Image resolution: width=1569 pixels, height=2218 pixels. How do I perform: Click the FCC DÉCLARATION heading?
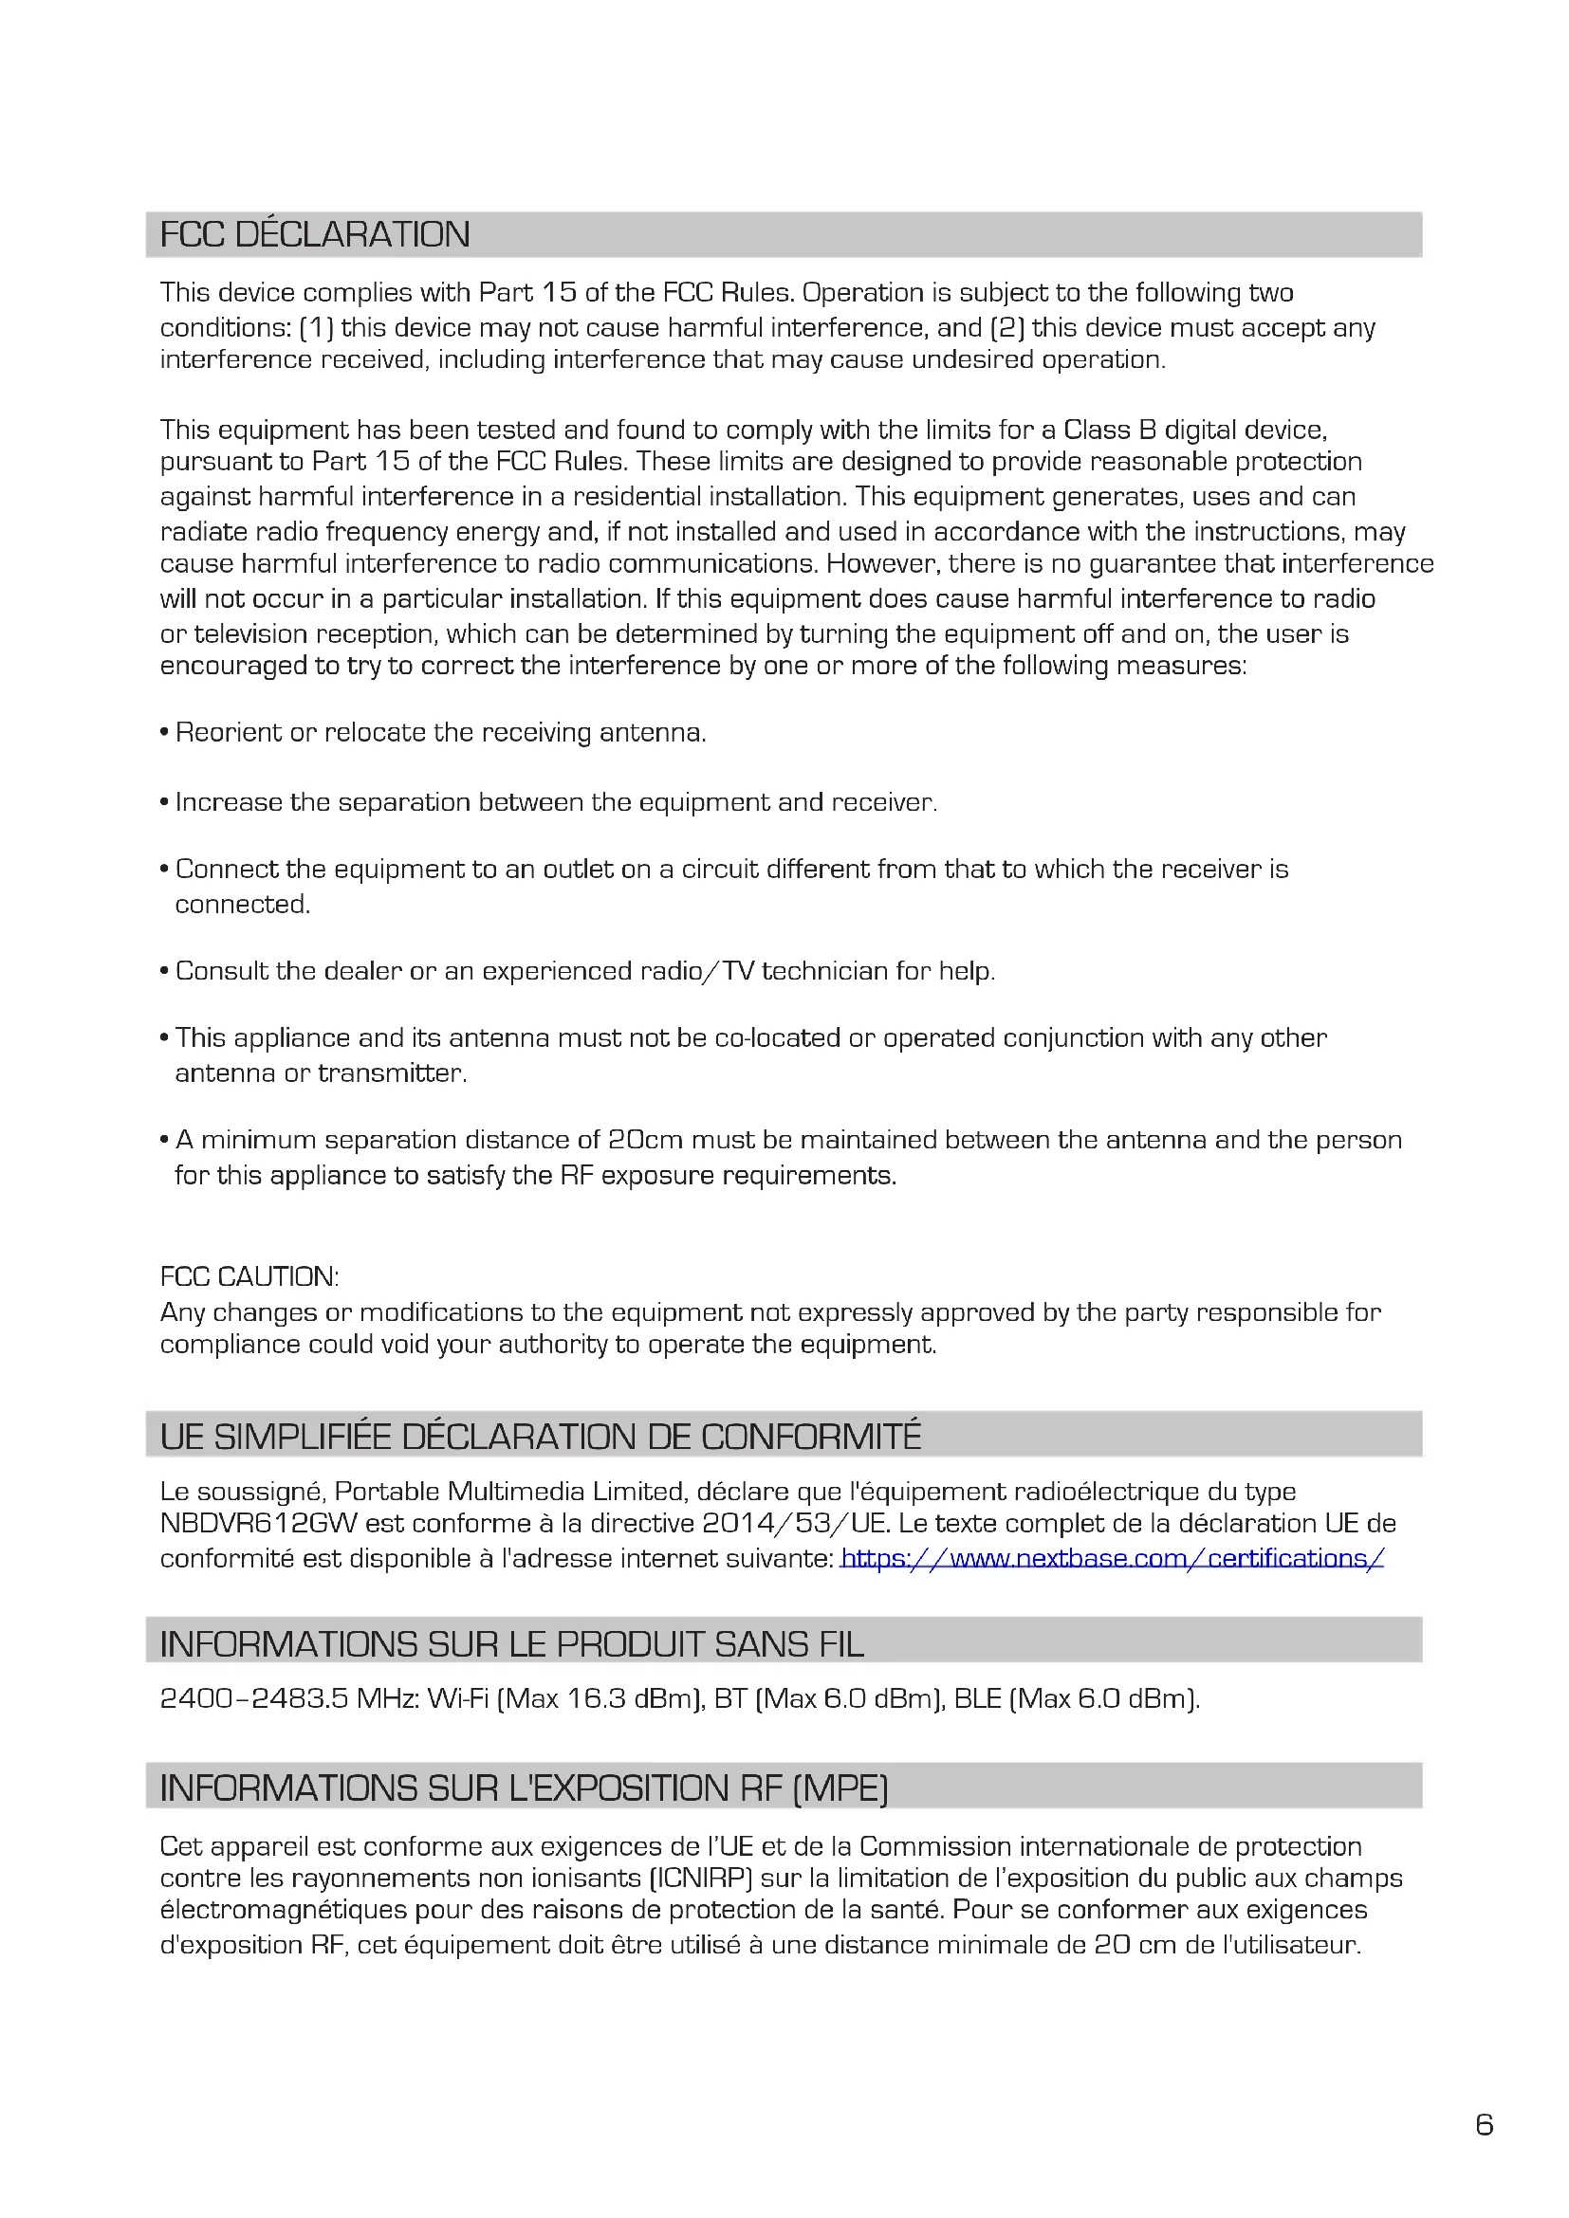(315, 235)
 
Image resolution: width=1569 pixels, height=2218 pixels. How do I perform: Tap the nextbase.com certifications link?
(1112, 1558)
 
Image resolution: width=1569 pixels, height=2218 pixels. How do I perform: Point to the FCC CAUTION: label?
(249, 1277)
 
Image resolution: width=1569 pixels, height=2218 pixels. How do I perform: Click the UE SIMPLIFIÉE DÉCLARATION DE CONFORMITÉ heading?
(540, 1437)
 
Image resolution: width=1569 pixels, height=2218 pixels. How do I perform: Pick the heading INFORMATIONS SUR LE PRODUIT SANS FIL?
(512, 1644)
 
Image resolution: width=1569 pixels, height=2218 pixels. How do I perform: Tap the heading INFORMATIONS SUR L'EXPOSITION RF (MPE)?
(524, 1788)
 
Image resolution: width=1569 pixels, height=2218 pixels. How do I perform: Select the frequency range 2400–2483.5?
(254, 1698)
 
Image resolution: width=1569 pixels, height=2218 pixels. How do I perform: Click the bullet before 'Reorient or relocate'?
(165, 733)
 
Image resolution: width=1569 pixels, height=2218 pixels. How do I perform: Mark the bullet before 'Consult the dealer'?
(165, 971)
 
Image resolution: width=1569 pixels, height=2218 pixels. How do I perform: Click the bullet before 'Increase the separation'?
(165, 803)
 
